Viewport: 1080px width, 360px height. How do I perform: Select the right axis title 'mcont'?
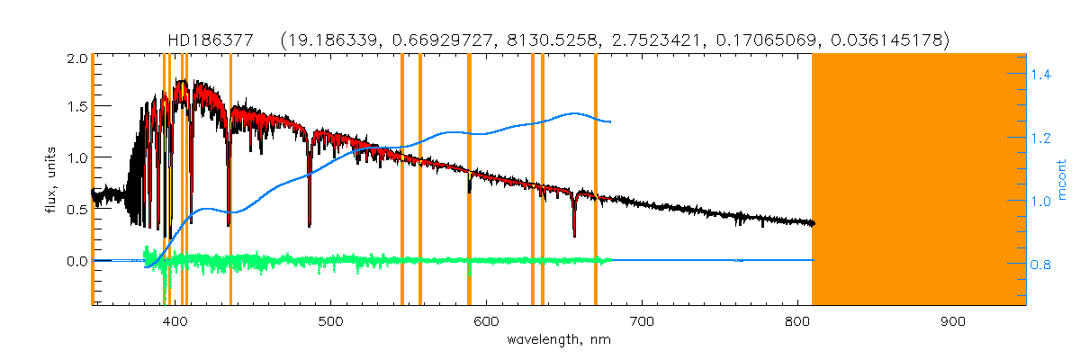coord(1061,180)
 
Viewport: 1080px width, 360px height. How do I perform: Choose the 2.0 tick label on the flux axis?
coord(76,58)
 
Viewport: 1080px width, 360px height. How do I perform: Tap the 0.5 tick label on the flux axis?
coord(76,210)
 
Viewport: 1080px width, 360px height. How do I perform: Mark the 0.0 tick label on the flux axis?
coord(76,261)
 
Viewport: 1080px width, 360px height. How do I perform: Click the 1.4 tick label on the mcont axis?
coord(1041,75)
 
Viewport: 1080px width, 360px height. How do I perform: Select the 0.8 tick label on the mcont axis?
coord(1041,265)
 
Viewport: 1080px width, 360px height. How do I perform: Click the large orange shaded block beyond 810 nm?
coord(919,180)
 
